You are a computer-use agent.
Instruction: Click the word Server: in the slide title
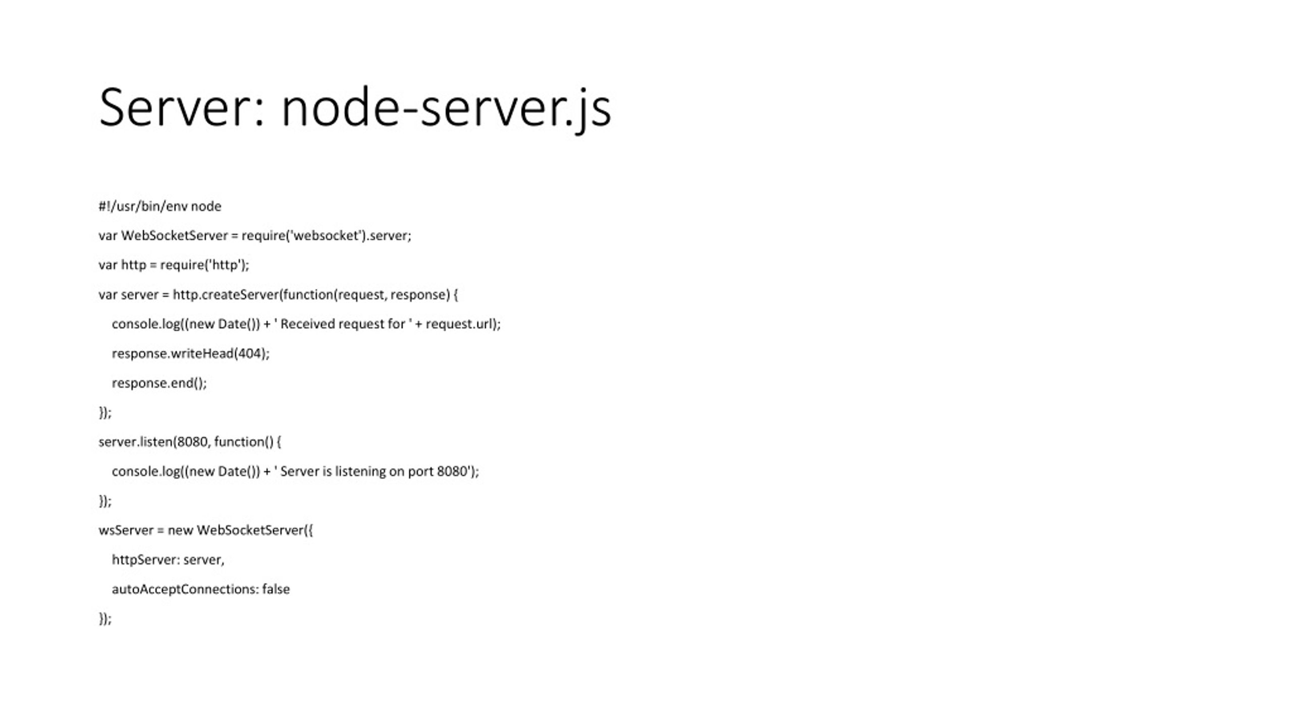click(x=182, y=108)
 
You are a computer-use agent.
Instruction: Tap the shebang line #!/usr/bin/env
click(x=143, y=206)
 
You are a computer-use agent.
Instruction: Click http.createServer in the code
click(x=226, y=295)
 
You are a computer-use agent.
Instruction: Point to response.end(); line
click(x=159, y=383)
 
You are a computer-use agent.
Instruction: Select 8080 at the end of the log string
click(x=452, y=472)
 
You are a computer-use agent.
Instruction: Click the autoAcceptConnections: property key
click(x=185, y=589)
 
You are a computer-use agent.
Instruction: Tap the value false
click(x=276, y=589)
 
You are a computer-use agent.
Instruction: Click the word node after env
click(x=206, y=206)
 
